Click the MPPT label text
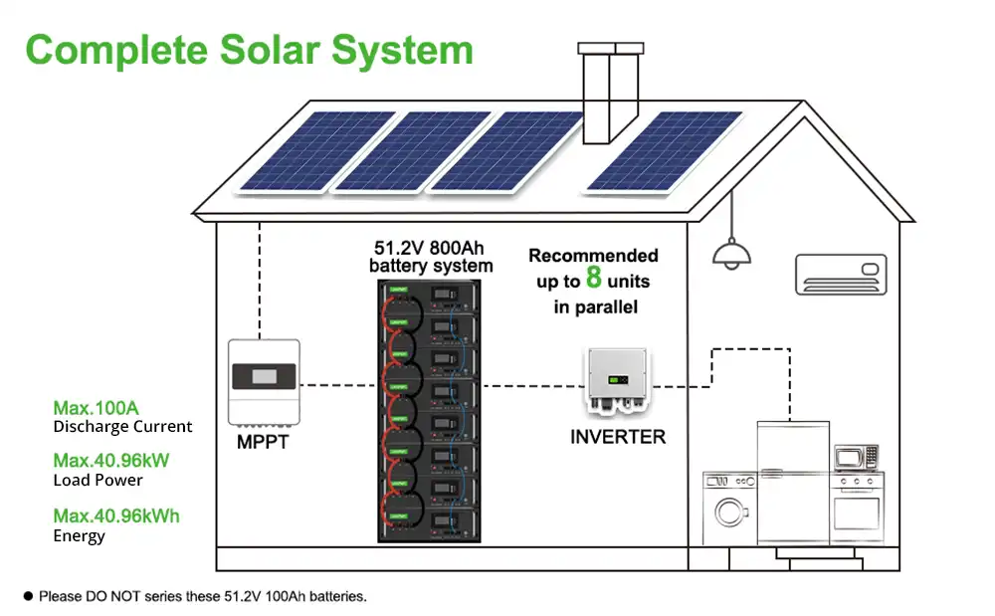click(263, 441)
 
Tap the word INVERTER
click(618, 436)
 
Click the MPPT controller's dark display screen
click(264, 377)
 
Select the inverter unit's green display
click(617, 380)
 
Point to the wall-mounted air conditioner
click(841, 271)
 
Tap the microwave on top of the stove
click(856, 458)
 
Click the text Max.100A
click(96, 408)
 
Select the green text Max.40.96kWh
click(116, 515)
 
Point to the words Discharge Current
click(122, 427)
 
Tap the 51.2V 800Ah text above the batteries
click(431, 247)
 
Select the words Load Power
click(98, 481)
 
